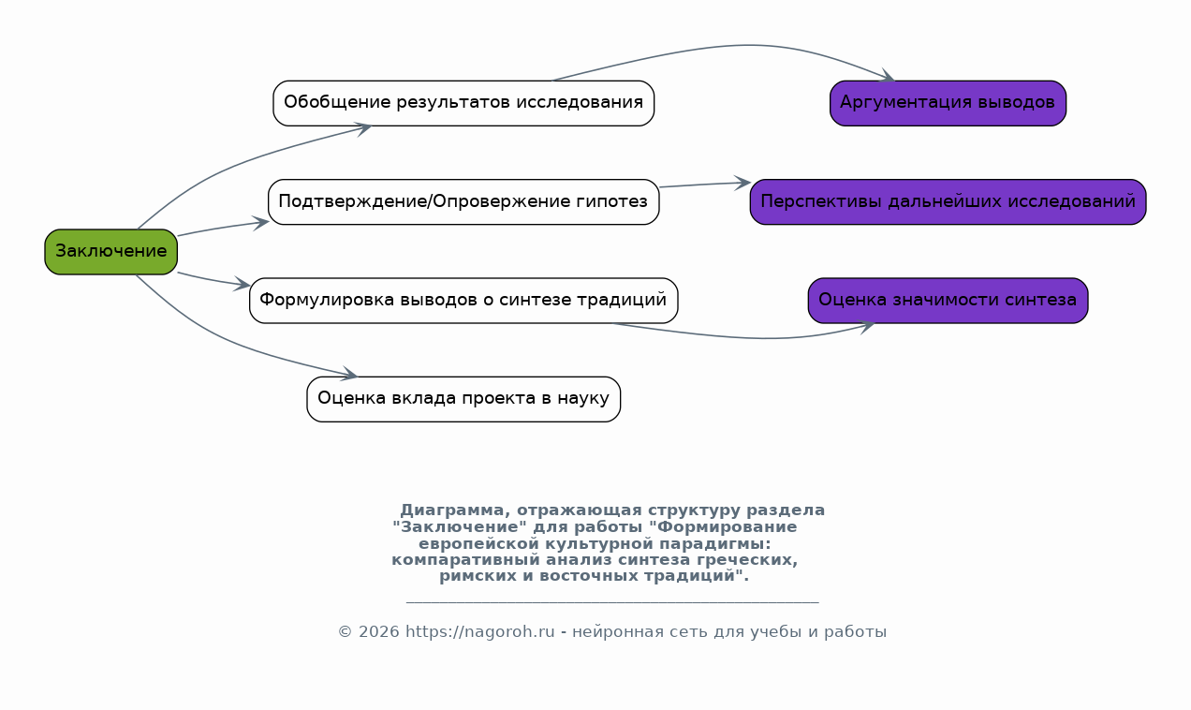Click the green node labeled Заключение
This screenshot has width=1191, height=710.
pyautogui.click(x=110, y=252)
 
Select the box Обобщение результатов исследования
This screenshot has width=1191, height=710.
pyautogui.click(x=463, y=103)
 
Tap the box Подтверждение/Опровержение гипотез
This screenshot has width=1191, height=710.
pyautogui.click(x=463, y=202)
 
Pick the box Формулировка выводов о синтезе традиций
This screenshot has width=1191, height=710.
pyautogui.click(x=463, y=301)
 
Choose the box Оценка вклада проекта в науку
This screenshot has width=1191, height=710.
pyautogui.click(x=463, y=399)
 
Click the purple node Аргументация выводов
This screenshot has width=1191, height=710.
pyautogui.click(x=948, y=103)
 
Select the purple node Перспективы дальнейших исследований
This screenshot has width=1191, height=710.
pyautogui.click(x=948, y=202)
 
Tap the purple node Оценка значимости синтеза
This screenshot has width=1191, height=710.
pyautogui.click(x=948, y=301)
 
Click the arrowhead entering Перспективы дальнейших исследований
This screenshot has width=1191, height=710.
pyautogui.click(x=743, y=183)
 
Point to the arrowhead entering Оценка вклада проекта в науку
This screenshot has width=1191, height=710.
pyautogui.click(x=349, y=374)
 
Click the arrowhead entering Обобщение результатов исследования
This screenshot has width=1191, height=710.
pyautogui.click(x=362, y=129)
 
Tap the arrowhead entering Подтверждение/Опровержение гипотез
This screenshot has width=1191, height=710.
pyautogui.click(x=260, y=223)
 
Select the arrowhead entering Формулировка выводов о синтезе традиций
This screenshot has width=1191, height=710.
pyautogui.click(x=242, y=285)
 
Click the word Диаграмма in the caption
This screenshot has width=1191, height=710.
pyautogui.click(x=452, y=510)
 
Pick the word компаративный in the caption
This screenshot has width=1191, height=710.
pyautogui.click(x=465, y=560)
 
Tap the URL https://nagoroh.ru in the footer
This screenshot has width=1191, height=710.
pyautogui.click(x=480, y=632)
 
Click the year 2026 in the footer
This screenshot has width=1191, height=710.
pyautogui.click(x=378, y=632)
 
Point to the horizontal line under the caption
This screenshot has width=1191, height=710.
pyautogui.click(x=612, y=602)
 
